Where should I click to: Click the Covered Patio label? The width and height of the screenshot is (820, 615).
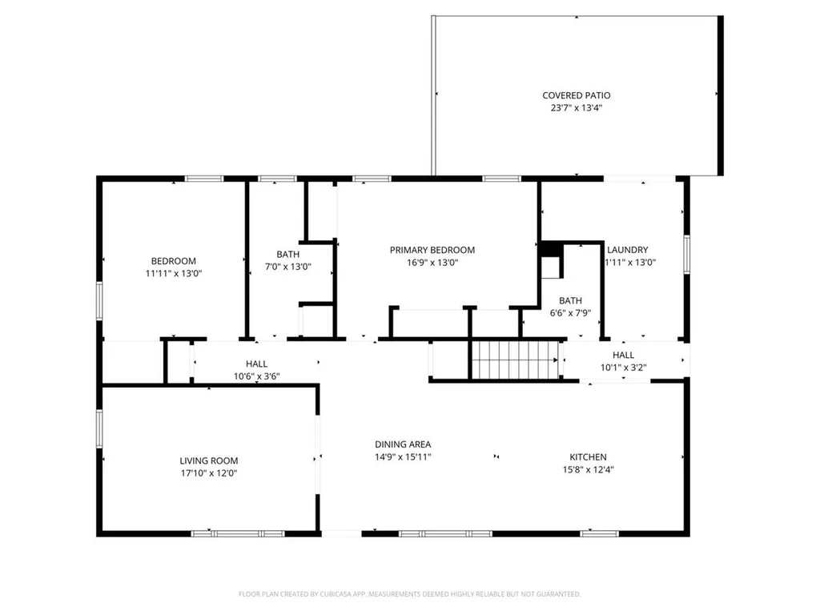tap(577, 95)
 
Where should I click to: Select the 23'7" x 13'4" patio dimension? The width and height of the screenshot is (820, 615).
tap(577, 108)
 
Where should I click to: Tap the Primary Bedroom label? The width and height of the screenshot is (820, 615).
tap(432, 250)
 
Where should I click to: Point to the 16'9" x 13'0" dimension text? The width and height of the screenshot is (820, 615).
tap(432, 263)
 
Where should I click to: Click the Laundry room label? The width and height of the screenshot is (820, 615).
tap(627, 250)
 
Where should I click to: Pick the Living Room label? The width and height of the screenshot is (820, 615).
tap(209, 460)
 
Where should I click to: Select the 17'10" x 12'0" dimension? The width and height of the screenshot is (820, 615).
tap(209, 473)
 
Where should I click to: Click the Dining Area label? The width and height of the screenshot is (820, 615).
tap(403, 444)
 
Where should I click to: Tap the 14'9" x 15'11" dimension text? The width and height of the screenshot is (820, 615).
tap(403, 456)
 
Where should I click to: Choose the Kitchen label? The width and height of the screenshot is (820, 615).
tap(588, 456)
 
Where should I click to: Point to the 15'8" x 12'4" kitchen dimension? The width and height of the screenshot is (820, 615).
tap(588, 469)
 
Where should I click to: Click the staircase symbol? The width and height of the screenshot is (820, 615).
tap(515, 360)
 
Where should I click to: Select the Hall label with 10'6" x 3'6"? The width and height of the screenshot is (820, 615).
tap(256, 364)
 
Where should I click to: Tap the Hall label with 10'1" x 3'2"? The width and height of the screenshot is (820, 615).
tap(623, 355)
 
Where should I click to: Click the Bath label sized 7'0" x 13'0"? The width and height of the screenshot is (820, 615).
tap(287, 254)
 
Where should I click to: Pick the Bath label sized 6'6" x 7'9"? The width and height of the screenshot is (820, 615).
tap(570, 300)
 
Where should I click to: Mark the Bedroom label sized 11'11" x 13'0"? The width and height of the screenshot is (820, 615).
tap(174, 260)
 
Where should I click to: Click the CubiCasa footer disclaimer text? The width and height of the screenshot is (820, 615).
tap(409, 594)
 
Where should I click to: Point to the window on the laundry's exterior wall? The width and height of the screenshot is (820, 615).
tap(686, 254)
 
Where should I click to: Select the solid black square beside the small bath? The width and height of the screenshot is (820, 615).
tap(549, 250)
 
